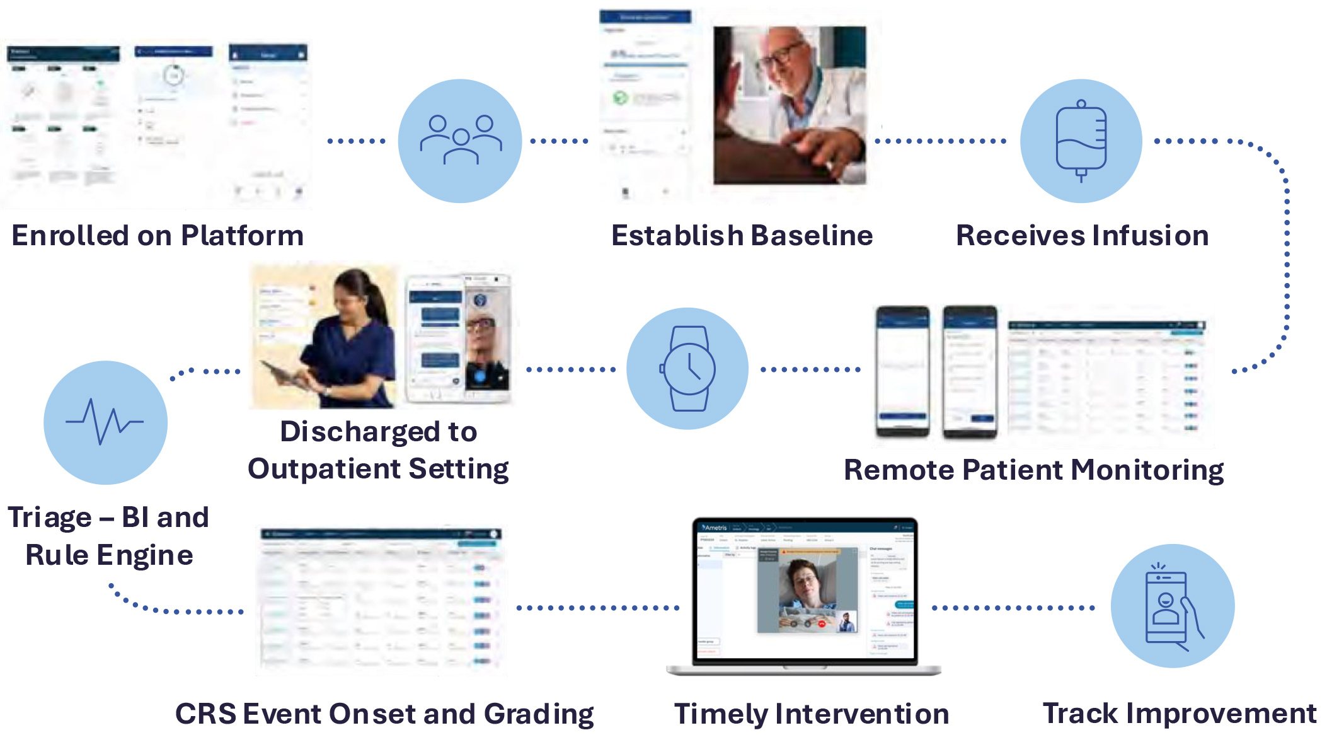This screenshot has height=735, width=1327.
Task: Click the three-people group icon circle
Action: [x=460, y=140]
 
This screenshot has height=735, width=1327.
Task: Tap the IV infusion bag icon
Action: [x=1081, y=140]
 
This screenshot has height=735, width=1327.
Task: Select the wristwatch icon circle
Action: [x=687, y=369]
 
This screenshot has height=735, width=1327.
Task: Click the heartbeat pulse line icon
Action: [x=105, y=422]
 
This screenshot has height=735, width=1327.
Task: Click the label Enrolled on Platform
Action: [x=158, y=235]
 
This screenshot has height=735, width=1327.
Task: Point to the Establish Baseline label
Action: [x=742, y=235]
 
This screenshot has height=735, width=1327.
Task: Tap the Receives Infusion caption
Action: [x=1082, y=235]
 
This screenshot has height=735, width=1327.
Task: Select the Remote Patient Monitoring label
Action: [x=1033, y=470]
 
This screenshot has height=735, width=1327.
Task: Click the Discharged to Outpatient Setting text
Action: [x=378, y=450]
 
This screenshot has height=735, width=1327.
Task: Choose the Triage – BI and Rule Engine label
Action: [x=108, y=536]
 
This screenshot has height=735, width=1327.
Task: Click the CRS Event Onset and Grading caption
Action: [x=384, y=714]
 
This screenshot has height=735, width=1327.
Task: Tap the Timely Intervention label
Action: [x=812, y=714]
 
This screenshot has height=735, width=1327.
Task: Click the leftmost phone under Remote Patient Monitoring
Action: [x=902, y=372]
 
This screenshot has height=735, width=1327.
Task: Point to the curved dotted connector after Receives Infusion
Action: [x=1285, y=252]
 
